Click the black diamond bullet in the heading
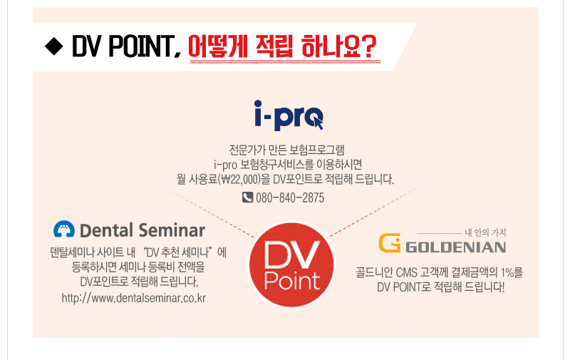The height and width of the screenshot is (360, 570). pyautogui.click(x=54, y=46)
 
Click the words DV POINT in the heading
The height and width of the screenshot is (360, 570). pyautogui.click(x=122, y=46)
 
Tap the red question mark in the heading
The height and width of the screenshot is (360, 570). pyautogui.click(x=368, y=46)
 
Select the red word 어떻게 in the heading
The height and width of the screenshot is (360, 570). pyautogui.click(x=218, y=46)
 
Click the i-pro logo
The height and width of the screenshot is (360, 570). pyautogui.click(x=289, y=115)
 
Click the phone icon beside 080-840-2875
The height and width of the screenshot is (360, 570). pyautogui.click(x=247, y=197)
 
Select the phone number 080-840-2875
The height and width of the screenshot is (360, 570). pyautogui.click(x=290, y=197)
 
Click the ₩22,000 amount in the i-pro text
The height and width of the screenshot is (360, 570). pyautogui.click(x=242, y=179)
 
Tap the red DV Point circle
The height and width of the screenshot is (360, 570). pyautogui.click(x=291, y=265)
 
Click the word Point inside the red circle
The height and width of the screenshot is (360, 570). pyautogui.click(x=292, y=280)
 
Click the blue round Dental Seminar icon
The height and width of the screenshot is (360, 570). pyautogui.click(x=64, y=230)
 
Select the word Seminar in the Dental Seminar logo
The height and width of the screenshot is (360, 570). pyautogui.click(x=172, y=230)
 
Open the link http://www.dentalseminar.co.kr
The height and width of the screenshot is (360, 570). pyautogui.click(x=134, y=298)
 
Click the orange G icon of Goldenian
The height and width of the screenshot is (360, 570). pyautogui.click(x=389, y=242)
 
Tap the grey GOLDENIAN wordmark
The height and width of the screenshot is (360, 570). pyautogui.click(x=456, y=247)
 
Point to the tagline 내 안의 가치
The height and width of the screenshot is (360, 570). pyautogui.click(x=485, y=232)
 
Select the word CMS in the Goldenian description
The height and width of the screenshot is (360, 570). pyautogui.click(x=406, y=272)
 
